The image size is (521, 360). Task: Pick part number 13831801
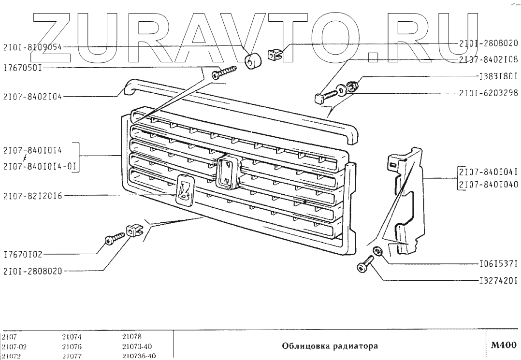tap(498, 76)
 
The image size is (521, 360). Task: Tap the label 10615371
tap(498, 264)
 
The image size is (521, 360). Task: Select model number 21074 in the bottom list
tap(72, 337)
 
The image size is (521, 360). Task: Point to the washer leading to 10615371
tap(378, 251)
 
